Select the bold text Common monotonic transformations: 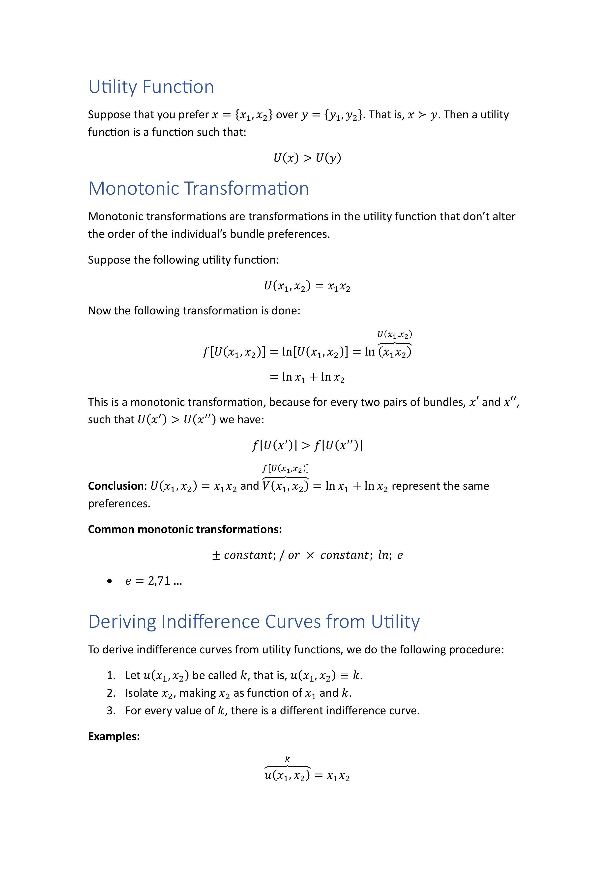click(x=185, y=529)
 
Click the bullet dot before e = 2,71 click(x=110, y=581)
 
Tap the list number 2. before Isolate click(x=111, y=693)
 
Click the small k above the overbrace click(x=287, y=759)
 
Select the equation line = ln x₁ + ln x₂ click(x=307, y=377)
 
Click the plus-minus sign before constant click(x=216, y=555)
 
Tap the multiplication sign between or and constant click(x=310, y=555)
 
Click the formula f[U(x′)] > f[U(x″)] click(x=307, y=445)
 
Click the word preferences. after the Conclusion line click(x=119, y=503)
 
